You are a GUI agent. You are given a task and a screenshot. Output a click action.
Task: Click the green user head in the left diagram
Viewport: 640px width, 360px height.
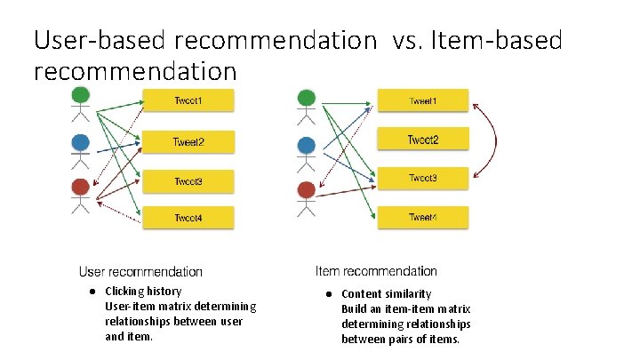click(x=81, y=94)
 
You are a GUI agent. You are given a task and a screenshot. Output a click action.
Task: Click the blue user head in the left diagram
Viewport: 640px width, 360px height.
click(x=81, y=141)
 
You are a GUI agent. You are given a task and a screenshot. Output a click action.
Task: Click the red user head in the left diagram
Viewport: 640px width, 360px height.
click(x=81, y=188)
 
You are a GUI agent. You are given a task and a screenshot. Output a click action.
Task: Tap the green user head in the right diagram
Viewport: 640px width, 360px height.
click(x=307, y=96)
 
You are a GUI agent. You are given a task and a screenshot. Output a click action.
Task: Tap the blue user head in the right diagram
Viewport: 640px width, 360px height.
click(x=307, y=143)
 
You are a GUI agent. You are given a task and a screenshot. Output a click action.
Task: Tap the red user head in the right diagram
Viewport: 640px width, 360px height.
click(x=307, y=189)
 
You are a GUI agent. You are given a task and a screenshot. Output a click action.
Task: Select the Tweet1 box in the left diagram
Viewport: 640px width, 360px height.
click(x=188, y=100)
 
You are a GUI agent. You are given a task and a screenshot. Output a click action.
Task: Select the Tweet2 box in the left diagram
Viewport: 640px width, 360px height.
click(x=188, y=141)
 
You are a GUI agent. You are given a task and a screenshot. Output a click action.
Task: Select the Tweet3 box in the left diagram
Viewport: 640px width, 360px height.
click(x=188, y=180)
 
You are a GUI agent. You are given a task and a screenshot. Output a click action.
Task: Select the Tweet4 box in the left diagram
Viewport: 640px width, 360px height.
click(x=188, y=218)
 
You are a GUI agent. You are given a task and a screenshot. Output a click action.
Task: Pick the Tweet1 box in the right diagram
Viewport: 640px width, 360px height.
click(x=423, y=100)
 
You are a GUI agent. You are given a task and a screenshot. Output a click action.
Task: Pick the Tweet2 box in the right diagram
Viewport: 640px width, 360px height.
click(x=423, y=140)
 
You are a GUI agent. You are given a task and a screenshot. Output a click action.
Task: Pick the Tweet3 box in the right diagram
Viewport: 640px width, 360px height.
click(x=423, y=178)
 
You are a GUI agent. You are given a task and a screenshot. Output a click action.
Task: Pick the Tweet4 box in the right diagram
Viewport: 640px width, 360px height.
click(x=423, y=217)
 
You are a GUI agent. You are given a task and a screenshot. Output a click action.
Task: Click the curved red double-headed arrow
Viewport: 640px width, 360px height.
click(x=493, y=140)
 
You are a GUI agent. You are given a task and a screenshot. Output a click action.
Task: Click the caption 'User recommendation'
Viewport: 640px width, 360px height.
click(x=140, y=272)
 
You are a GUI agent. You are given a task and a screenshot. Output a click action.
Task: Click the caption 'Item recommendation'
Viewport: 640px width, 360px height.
click(x=376, y=271)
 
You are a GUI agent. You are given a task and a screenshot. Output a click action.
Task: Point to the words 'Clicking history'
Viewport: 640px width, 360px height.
click(x=143, y=292)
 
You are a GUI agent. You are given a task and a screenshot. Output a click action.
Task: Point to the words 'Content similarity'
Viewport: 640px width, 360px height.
click(x=386, y=294)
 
